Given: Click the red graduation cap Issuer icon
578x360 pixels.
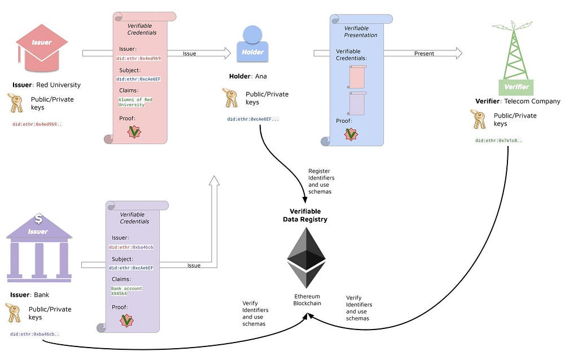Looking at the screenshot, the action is tap(41, 48).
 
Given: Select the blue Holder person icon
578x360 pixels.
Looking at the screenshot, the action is tap(252, 43).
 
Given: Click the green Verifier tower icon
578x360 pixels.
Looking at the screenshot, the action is tap(514, 58).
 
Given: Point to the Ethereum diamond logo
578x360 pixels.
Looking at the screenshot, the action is tap(306, 257).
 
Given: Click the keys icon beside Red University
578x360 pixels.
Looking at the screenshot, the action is tap(15, 103).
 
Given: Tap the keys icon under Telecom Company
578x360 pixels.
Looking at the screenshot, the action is tap(479, 119).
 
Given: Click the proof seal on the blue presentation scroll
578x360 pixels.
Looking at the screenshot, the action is tap(351, 134).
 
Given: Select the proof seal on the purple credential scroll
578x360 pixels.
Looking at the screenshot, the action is tap(126, 321).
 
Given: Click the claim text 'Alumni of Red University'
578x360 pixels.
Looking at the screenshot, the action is tap(135, 102).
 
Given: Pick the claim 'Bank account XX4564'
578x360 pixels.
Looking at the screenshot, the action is tap(126, 291).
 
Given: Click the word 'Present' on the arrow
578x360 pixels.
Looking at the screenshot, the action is tap(424, 54).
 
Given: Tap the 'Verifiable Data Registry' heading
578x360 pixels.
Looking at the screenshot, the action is tap(305, 215).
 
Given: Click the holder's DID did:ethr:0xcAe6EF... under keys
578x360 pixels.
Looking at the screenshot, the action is tap(253, 119).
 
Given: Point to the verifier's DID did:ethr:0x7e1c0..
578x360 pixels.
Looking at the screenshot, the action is tap(498, 141).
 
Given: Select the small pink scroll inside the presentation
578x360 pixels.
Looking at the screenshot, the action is tap(357, 77).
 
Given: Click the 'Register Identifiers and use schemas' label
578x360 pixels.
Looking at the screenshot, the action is tap(321, 181).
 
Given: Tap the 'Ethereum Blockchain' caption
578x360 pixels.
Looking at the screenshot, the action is tap(307, 300).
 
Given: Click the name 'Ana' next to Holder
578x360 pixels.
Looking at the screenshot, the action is tap(261, 76).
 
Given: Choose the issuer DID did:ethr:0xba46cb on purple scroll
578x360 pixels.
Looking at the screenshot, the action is tap(131, 247).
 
